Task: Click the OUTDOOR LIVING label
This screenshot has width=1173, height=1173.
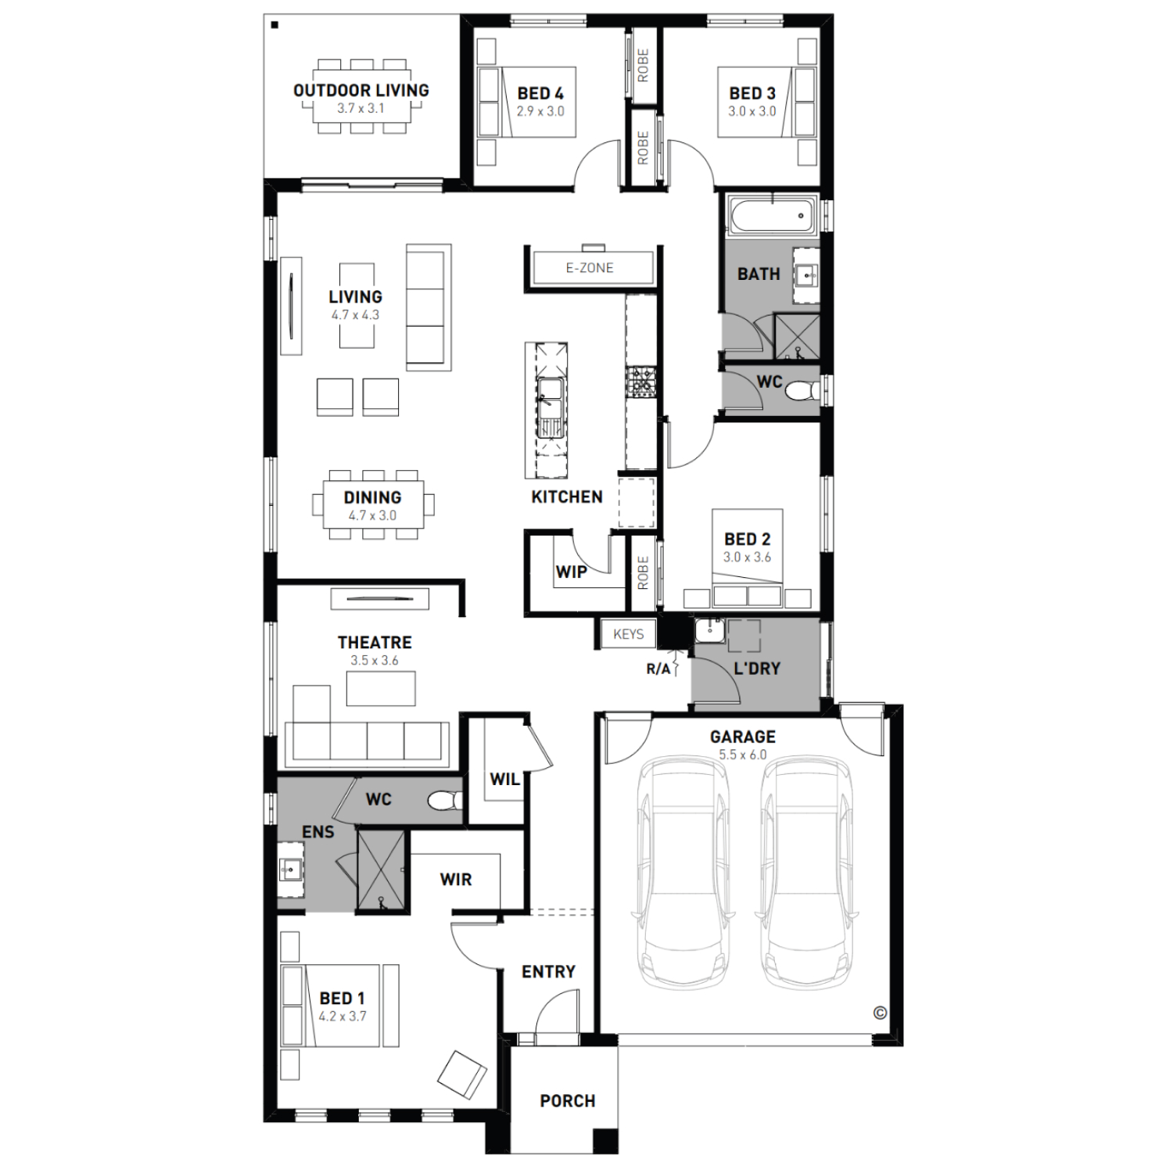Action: pos(361,91)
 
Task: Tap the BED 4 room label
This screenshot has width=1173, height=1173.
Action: pos(540,94)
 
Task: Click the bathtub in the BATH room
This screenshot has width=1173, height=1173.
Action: pos(770,215)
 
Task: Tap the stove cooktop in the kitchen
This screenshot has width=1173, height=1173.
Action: pos(642,382)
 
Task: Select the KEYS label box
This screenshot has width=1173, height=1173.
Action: pos(629,634)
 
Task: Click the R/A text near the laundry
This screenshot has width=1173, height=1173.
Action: pos(658,669)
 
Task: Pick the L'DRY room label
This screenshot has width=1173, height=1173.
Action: pos(757,669)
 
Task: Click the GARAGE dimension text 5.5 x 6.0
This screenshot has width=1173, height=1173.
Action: pos(743,755)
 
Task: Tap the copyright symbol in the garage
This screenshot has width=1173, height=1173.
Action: pos(880,1013)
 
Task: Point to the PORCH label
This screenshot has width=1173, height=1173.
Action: pos(568,1101)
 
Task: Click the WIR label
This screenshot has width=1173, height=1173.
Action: pos(456,880)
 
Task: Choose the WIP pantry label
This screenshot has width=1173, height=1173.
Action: pos(572,572)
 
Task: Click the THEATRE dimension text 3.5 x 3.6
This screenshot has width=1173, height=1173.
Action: pos(375,661)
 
